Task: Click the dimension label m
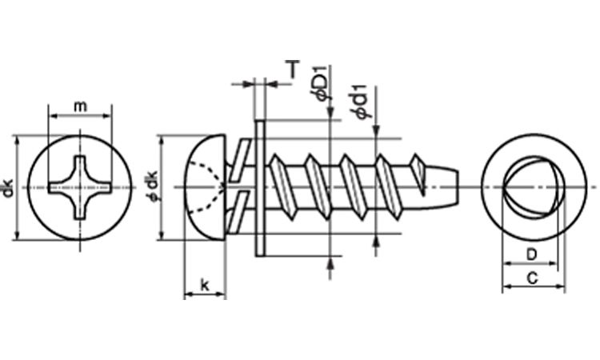[80, 107]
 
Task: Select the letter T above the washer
[293, 70]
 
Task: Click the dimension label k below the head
[205, 285]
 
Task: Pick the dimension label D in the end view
[531, 254]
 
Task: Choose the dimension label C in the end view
[532, 278]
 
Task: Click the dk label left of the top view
[8, 187]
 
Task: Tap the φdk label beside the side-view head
[153, 186]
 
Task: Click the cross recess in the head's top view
[80, 187]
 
